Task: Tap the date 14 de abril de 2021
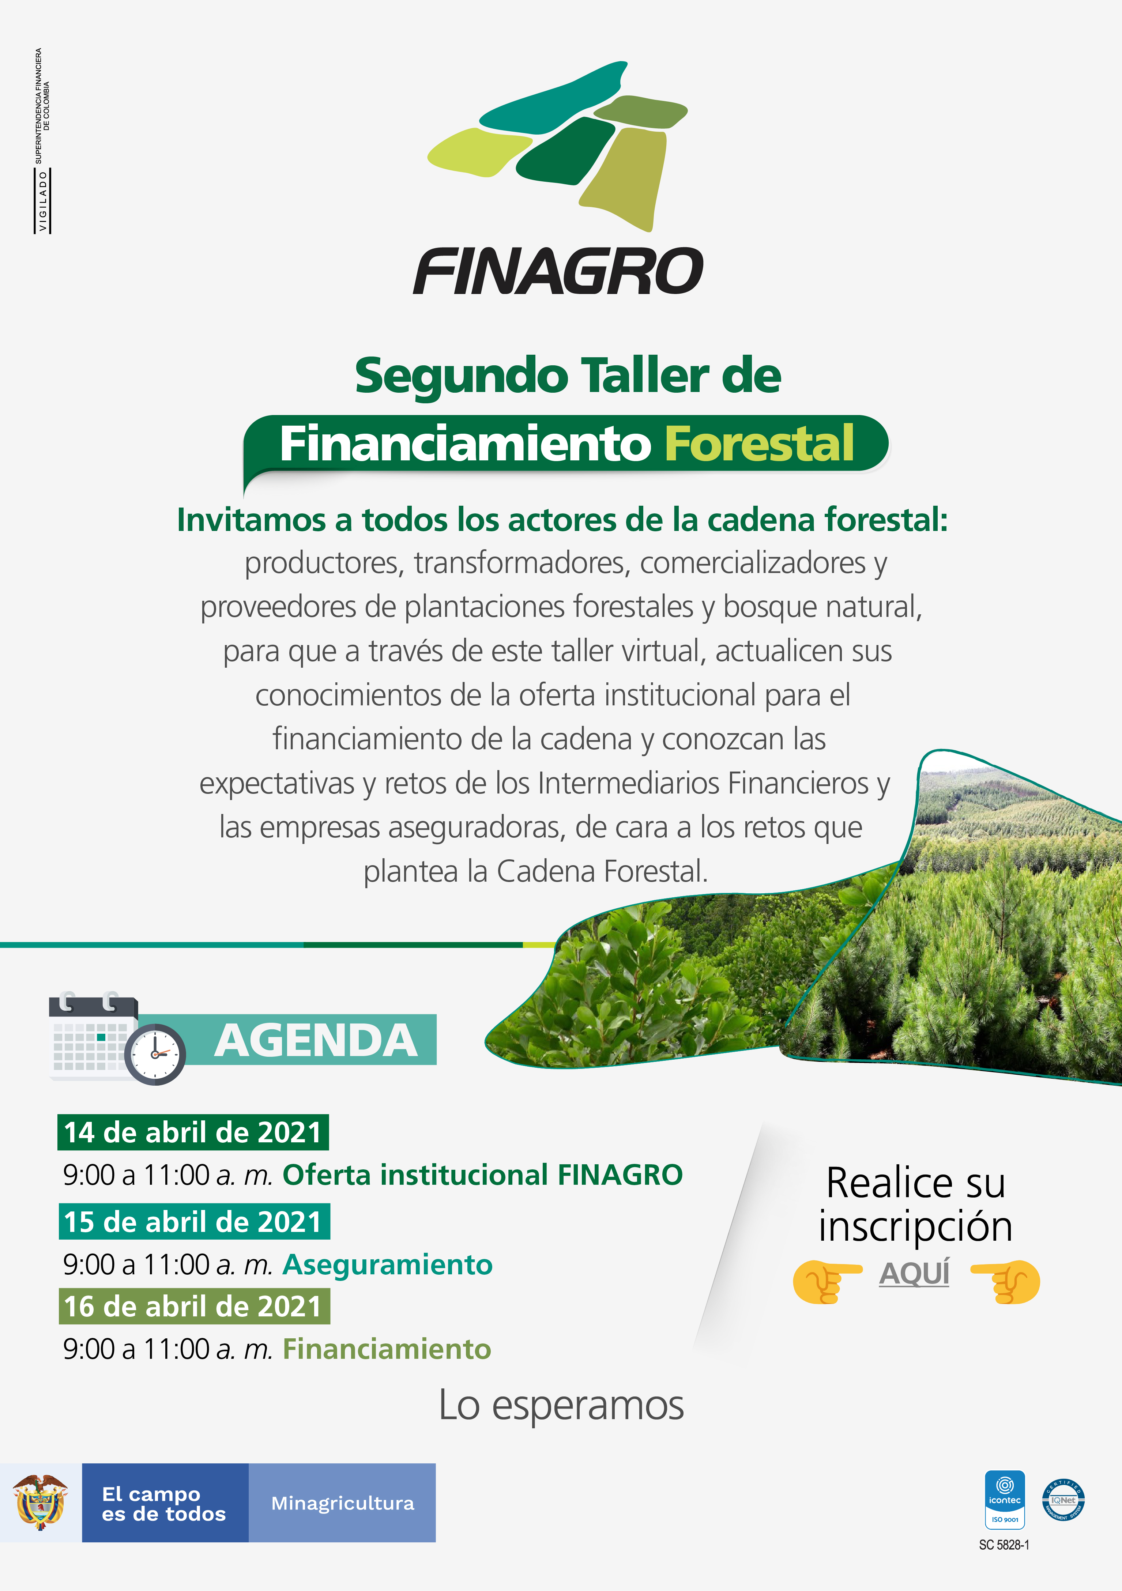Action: point(193,1132)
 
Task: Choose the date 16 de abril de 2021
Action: point(194,1306)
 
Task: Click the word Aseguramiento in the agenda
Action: point(387,1264)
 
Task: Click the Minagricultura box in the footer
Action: point(342,1503)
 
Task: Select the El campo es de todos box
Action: point(165,1503)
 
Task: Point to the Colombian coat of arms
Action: point(41,1502)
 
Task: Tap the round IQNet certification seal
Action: point(1063,1500)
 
